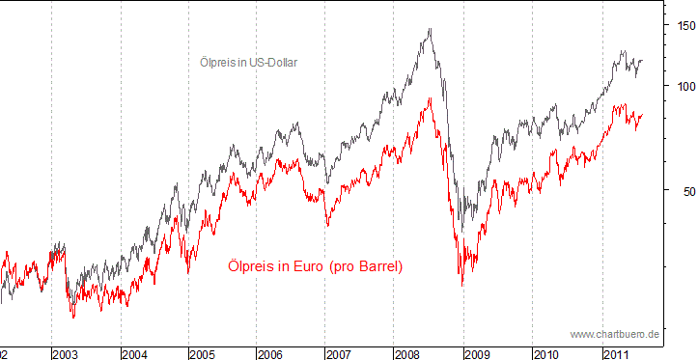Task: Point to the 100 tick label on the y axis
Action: (683, 86)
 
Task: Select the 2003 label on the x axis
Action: (66, 354)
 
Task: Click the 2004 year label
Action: (134, 354)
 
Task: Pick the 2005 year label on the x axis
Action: (203, 354)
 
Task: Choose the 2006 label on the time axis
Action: (271, 354)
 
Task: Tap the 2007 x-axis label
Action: (340, 354)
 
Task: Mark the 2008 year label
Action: (408, 354)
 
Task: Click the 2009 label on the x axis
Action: (477, 354)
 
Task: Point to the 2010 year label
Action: (545, 354)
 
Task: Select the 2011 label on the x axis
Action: (615, 354)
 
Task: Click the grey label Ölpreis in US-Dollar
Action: (248, 63)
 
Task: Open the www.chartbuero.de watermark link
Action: (614, 333)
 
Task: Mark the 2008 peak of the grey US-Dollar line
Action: (430, 29)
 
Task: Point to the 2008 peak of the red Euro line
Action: (429, 97)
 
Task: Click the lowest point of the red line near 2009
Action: (462, 286)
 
